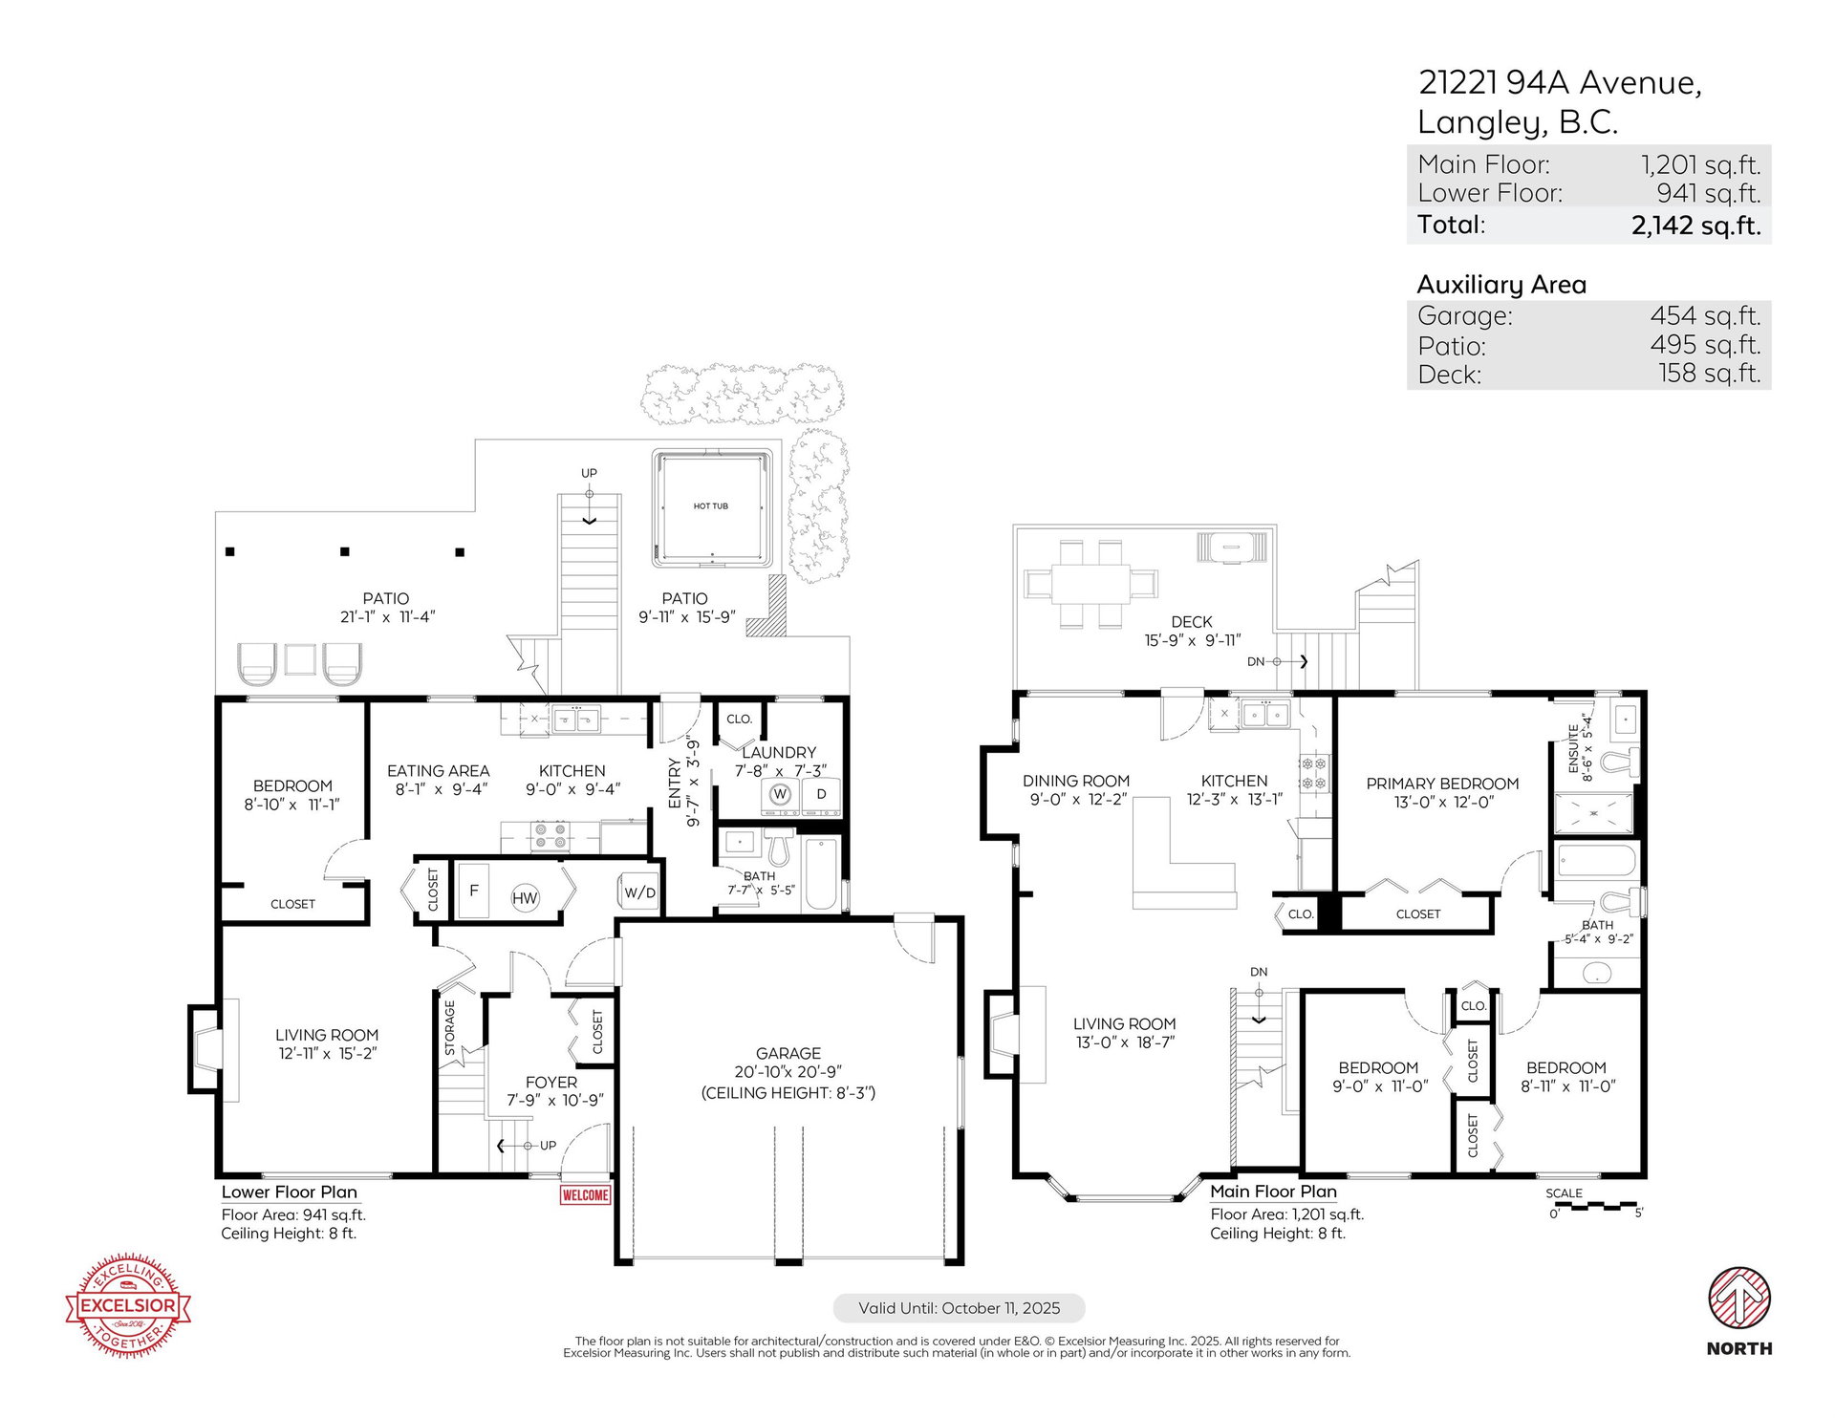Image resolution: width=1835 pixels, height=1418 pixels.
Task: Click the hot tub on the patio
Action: (x=712, y=507)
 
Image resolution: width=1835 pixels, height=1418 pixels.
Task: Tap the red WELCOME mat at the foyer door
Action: (x=585, y=1194)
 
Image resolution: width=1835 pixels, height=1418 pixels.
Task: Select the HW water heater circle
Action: (x=525, y=897)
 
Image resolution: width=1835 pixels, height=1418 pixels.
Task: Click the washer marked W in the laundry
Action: (x=780, y=795)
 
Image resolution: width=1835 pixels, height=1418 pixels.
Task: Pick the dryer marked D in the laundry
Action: (x=820, y=795)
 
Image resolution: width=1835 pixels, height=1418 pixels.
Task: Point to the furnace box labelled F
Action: (x=473, y=891)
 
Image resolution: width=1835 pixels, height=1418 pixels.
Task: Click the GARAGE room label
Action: (x=788, y=1053)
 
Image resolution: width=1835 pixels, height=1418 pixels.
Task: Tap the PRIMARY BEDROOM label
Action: (x=1442, y=784)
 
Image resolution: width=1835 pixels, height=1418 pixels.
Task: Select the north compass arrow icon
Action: (x=1739, y=1298)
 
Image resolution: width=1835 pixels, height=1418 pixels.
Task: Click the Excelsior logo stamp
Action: (x=128, y=1305)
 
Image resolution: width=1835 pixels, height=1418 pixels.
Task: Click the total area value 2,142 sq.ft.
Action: (x=1695, y=226)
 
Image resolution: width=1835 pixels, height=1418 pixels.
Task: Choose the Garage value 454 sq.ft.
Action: (x=1705, y=315)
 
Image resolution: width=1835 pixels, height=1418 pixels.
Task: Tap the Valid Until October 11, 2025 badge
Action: (x=959, y=1308)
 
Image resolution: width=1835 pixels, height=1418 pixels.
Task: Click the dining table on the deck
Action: (x=1090, y=583)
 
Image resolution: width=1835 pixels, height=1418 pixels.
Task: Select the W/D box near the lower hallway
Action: (x=639, y=892)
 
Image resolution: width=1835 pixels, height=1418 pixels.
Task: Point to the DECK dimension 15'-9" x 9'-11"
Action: (x=1192, y=640)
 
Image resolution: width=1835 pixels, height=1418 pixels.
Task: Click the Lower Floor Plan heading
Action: (x=290, y=1192)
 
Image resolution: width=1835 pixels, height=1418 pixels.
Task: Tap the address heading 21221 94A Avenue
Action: (x=1560, y=83)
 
